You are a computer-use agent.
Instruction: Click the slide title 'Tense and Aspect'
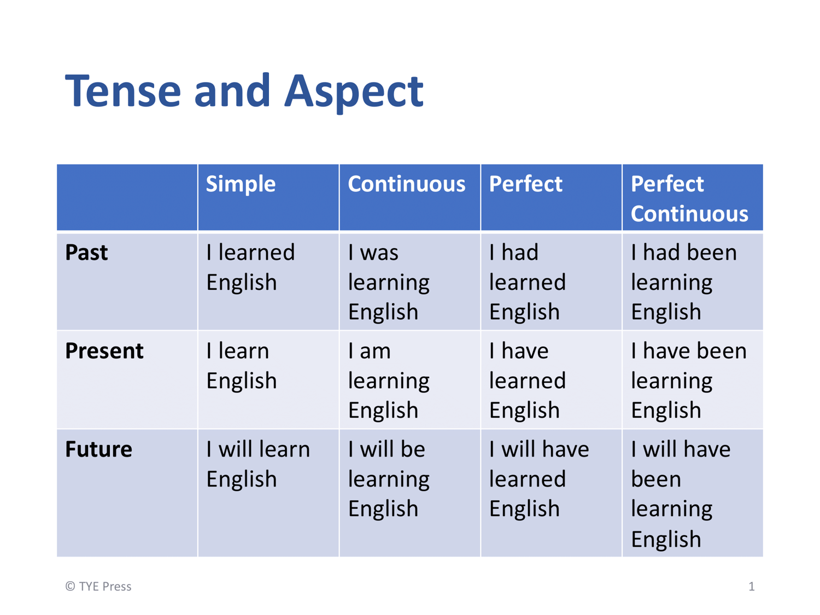click(x=244, y=92)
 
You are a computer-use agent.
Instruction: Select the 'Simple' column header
click(x=241, y=184)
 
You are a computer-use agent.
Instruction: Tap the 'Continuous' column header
click(x=407, y=184)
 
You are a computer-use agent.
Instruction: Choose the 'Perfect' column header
click(x=525, y=184)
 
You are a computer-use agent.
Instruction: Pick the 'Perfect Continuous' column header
click(x=689, y=198)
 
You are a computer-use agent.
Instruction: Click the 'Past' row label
click(x=86, y=253)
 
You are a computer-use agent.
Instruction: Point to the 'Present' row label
click(x=104, y=350)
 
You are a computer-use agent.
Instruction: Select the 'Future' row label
click(x=98, y=449)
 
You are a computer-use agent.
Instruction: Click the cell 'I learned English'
click(x=250, y=267)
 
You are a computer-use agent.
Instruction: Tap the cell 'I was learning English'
click(x=389, y=282)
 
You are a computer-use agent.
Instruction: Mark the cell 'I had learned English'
click(x=528, y=282)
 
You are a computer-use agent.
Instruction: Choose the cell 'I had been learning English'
click(x=684, y=282)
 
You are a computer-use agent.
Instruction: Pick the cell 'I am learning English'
click(x=389, y=380)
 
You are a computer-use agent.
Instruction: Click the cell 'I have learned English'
click(x=528, y=380)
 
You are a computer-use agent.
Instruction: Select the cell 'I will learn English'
click(x=258, y=464)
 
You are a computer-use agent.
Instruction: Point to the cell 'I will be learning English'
click(x=389, y=479)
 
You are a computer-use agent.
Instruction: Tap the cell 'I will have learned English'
click(x=539, y=479)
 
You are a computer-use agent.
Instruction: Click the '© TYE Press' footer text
click(x=98, y=587)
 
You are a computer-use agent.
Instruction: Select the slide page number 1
click(x=752, y=587)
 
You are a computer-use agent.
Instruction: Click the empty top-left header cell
click(x=127, y=197)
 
